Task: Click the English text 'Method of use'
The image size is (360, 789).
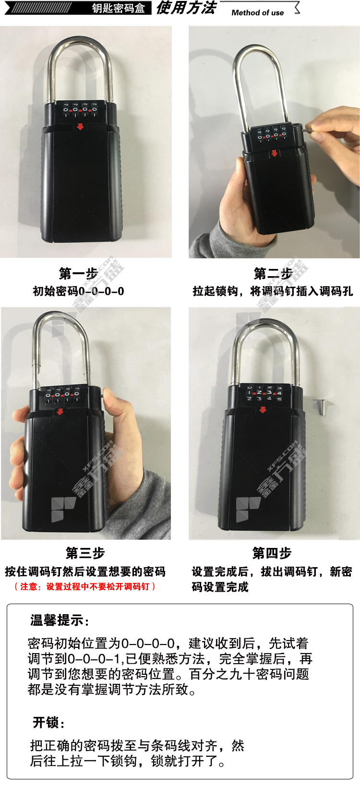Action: [257, 12]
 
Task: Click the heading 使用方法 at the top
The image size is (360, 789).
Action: [186, 8]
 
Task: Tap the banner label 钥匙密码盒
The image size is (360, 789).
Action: [119, 8]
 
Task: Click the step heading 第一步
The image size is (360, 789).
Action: [78, 274]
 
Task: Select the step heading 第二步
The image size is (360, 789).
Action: [273, 274]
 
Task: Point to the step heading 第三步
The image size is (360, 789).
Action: [85, 553]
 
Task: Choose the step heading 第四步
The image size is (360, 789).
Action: [272, 553]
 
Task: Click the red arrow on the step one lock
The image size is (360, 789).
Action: [80, 126]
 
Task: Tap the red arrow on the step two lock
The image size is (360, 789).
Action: [275, 153]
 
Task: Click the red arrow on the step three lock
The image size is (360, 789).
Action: [60, 412]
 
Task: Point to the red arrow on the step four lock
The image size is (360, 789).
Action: [263, 409]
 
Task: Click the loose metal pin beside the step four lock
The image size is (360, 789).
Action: [321, 407]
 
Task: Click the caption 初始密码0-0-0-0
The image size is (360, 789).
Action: [78, 291]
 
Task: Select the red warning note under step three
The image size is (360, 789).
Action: [85, 586]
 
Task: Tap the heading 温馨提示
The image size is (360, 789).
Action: [59, 620]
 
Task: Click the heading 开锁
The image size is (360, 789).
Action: [48, 722]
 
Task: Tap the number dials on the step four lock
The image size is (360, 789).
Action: [264, 393]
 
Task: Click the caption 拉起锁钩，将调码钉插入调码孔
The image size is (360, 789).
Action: [273, 291]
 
